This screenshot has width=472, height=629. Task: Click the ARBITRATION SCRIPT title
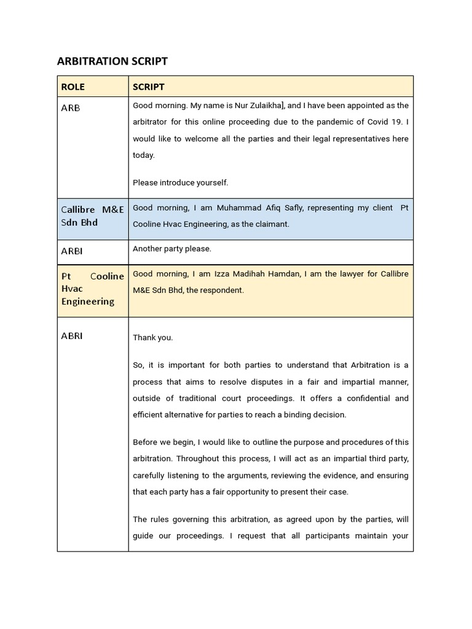click(112, 61)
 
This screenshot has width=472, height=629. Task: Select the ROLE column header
click(73, 87)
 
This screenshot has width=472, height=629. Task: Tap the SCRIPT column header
click(149, 87)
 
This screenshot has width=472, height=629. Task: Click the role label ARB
click(71, 108)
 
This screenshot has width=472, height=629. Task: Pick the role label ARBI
click(72, 251)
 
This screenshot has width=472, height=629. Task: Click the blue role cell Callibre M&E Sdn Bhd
click(92, 216)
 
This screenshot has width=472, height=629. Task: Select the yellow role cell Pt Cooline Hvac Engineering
click(92, 289)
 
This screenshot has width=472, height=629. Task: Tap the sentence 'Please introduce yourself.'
click(180, 182)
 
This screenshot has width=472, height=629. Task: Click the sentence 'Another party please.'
click(171, 249)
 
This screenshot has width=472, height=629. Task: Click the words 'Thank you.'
click(153, 337)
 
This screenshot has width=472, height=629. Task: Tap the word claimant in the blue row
click(270, 224)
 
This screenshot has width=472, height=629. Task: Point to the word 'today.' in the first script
click(144, 155)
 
